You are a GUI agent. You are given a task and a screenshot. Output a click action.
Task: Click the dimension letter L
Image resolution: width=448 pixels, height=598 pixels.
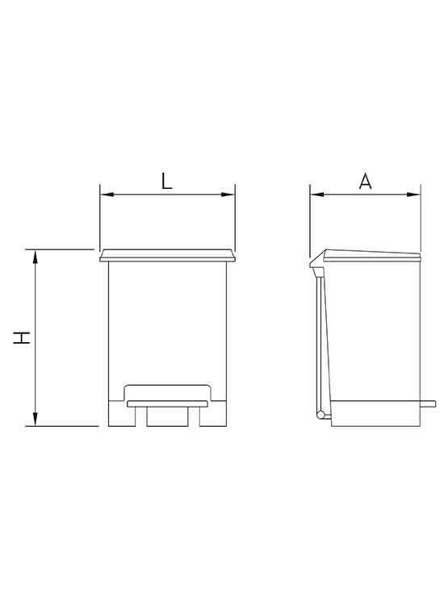[x=166, y=180]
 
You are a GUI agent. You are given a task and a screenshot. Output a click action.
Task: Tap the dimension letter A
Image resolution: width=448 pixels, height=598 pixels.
[x=365, y=181]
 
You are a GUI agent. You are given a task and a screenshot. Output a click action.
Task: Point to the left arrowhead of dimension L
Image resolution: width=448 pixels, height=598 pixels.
[x=104, y=194]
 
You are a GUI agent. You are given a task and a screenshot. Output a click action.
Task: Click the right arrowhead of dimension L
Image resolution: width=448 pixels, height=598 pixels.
[x=230, y=194]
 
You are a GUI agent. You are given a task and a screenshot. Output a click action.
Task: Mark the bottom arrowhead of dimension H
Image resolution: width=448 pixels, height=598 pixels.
[x=35, y=420]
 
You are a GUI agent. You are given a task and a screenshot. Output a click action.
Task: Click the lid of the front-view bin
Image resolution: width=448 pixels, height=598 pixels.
[x=167, y=257]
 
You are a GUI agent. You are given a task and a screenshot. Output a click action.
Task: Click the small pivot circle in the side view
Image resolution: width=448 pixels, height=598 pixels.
[x=321, y=416]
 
